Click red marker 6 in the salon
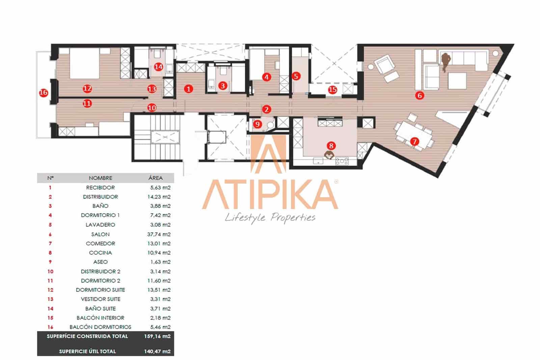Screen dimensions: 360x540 pos(420,96)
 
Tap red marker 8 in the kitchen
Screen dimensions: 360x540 pos(331,146)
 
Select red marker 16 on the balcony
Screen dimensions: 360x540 pos(44,93)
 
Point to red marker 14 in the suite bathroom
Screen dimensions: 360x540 pos(158,67)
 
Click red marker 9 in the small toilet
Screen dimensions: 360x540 pos(258,124)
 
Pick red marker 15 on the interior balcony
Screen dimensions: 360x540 pos(332,89)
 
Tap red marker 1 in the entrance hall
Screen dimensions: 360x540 pos(188,89)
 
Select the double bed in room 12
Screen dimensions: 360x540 pos(84,63)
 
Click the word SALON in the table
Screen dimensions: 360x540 pos(100,234)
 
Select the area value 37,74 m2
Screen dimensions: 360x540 pos(160,234)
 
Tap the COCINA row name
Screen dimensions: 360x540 pos(100,253)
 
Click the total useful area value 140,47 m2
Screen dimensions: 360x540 pos(157,351)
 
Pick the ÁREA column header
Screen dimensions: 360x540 pos(155,178)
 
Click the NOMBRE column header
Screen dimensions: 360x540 pos(100,178)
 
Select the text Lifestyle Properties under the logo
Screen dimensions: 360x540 pos(270,218)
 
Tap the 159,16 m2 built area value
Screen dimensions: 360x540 pos(157,336)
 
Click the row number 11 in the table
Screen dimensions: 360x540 pos(50,281)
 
